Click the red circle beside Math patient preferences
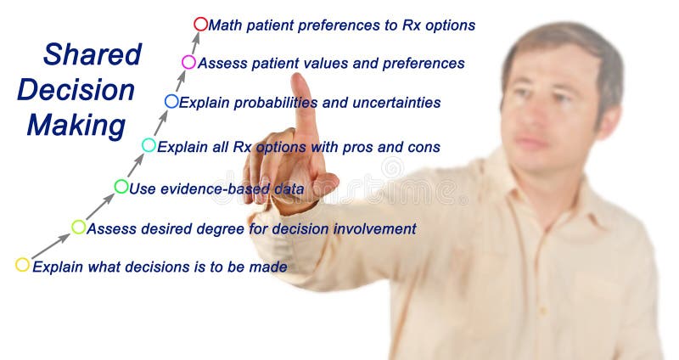tap(200, 24)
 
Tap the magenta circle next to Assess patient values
tap(188, 62)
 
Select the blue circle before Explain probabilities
tap(171, 101)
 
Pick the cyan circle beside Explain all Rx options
tap(149, 145)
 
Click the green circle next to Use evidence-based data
tap(121, 187)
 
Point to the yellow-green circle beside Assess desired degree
tap(79, 227)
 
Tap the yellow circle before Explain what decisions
tap(22, 265)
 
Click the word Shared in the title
tap(92, 54)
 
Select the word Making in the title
tap(76, 126)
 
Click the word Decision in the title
tap(76, 90)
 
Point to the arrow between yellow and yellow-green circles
tap(50, 246)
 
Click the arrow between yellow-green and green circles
tap(100, 206)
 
